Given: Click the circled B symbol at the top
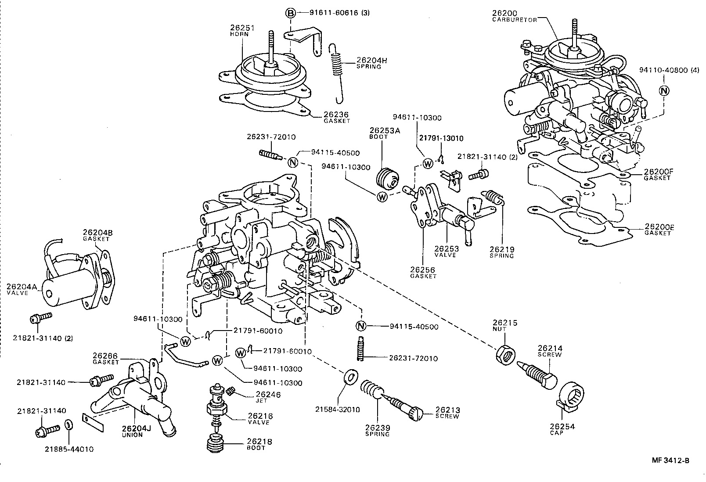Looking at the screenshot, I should click(x=290, y=13).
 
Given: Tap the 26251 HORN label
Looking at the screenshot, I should click(x=242, y=30).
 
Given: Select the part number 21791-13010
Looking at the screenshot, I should click(x=441, y=138).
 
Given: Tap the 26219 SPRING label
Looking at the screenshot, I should click(x=502, y=252).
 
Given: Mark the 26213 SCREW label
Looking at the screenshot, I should click(x=447, y=413).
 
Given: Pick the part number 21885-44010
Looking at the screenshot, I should click(x=69, y=449).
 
